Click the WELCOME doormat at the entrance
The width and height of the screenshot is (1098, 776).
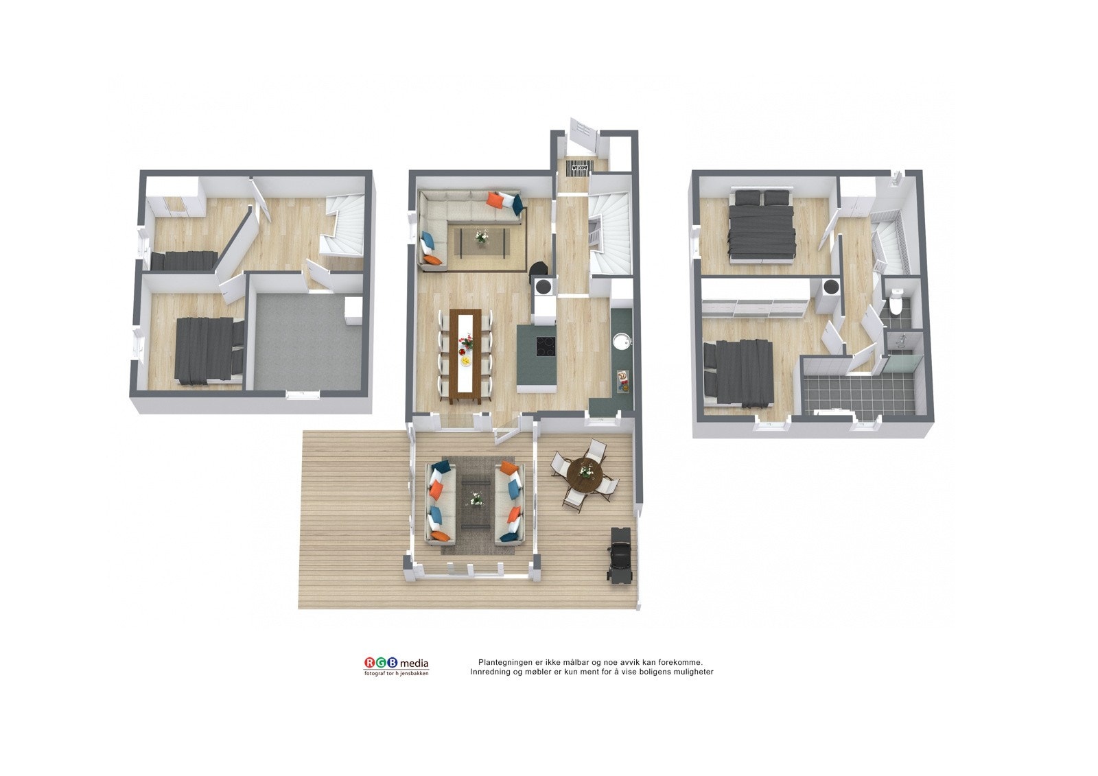coord(580,167)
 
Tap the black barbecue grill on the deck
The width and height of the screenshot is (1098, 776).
coord(620,554)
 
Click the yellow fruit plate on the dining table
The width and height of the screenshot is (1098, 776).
coord(465,359)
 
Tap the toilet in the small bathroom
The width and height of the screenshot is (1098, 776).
coord(895,304)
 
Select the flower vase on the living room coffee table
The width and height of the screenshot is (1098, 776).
coord(482,237)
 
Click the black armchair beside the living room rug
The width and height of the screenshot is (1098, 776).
coord(539,270)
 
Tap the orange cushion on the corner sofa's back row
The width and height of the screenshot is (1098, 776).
coord(495,200)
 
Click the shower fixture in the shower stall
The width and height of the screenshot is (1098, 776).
coord(903,339)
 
